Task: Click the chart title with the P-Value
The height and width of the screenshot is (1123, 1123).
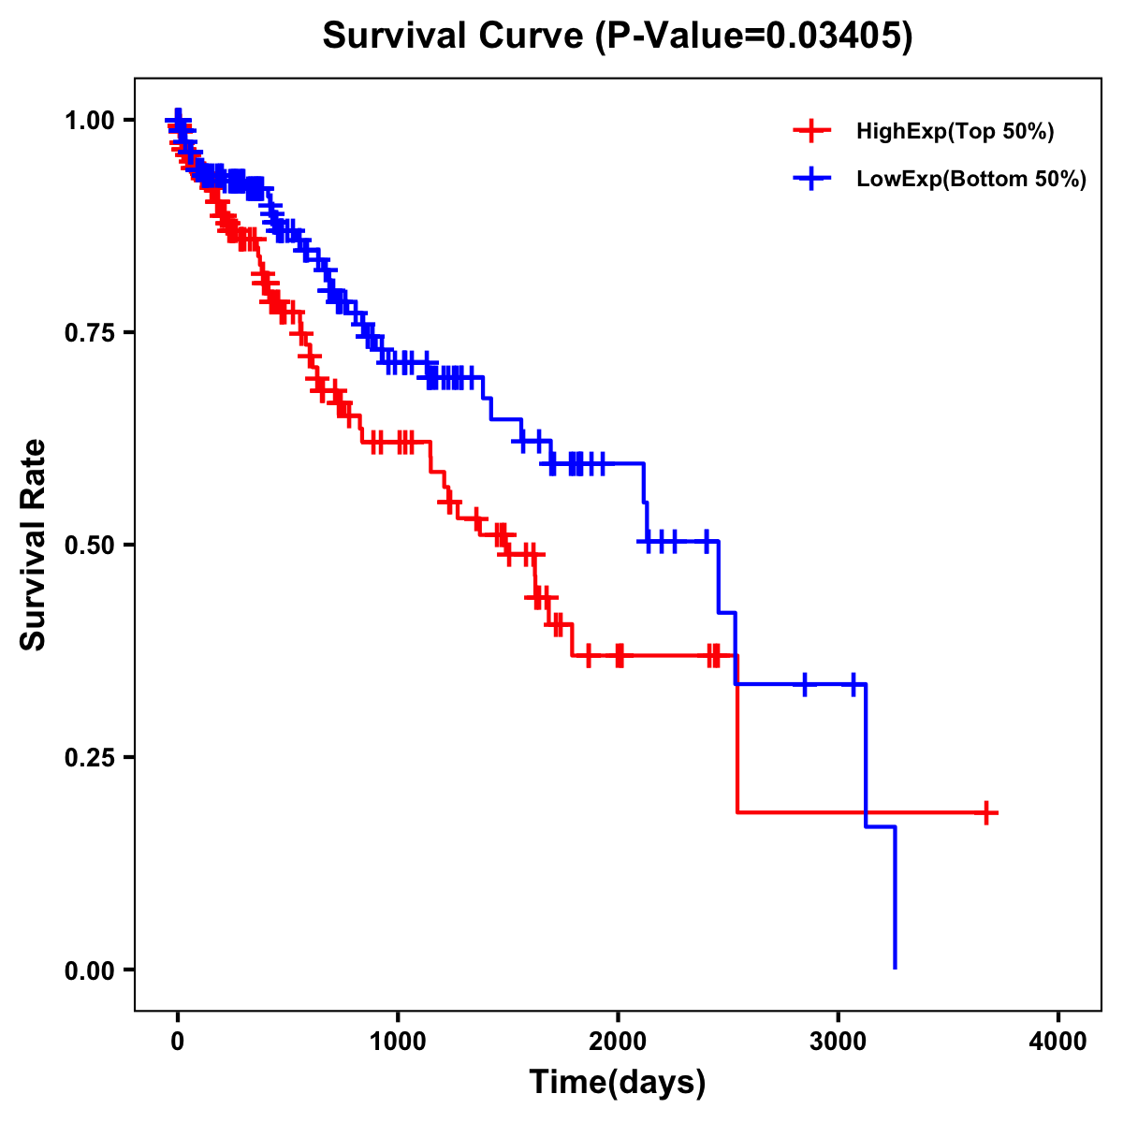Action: (x=617, y=36)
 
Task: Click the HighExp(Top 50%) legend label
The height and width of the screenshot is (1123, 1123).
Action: (x=955, y=132)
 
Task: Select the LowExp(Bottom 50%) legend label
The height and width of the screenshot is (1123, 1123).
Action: (x=971, y=179)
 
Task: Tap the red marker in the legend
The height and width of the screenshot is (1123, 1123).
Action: (x=811, y=131)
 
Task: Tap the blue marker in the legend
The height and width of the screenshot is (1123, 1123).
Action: (x=811, y=178)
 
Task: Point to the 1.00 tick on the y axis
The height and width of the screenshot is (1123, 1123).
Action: (x=92, y=121)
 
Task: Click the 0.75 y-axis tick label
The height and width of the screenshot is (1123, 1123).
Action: (x=92, y=333)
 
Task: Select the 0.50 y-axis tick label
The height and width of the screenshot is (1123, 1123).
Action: (x=92, y=546)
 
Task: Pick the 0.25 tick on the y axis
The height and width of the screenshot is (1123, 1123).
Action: (x=92, y=758)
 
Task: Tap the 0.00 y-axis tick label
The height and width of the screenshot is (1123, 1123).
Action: (x=92, y=970)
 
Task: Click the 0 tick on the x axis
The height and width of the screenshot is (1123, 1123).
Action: (x=178, y=1042)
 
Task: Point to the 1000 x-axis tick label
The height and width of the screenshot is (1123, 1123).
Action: (x=398, y=1042)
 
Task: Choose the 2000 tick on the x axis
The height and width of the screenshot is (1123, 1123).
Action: (x=618, y=1042)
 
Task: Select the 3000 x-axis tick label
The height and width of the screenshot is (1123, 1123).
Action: (x=839, y=1042)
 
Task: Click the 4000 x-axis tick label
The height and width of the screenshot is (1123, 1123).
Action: (x=1058, y=1042)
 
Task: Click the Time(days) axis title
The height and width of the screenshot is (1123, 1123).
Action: (x=618, y=1083)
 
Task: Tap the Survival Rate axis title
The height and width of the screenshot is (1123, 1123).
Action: (x=34, y=545)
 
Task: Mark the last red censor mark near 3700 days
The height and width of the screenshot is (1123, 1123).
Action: (x=985, y=812)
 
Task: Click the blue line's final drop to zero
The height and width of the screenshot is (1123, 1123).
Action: (x=896, y=898)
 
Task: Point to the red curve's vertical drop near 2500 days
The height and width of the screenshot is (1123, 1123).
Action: (x=737, y=735)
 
